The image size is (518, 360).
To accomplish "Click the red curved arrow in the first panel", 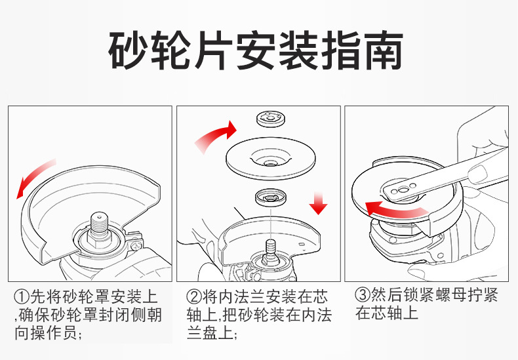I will coord(34,179).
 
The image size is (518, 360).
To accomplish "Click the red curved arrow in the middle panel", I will coord(214,135).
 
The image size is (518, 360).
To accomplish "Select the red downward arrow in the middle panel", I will coord(319,203).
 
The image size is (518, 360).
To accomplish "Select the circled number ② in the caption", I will coord(194,297).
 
